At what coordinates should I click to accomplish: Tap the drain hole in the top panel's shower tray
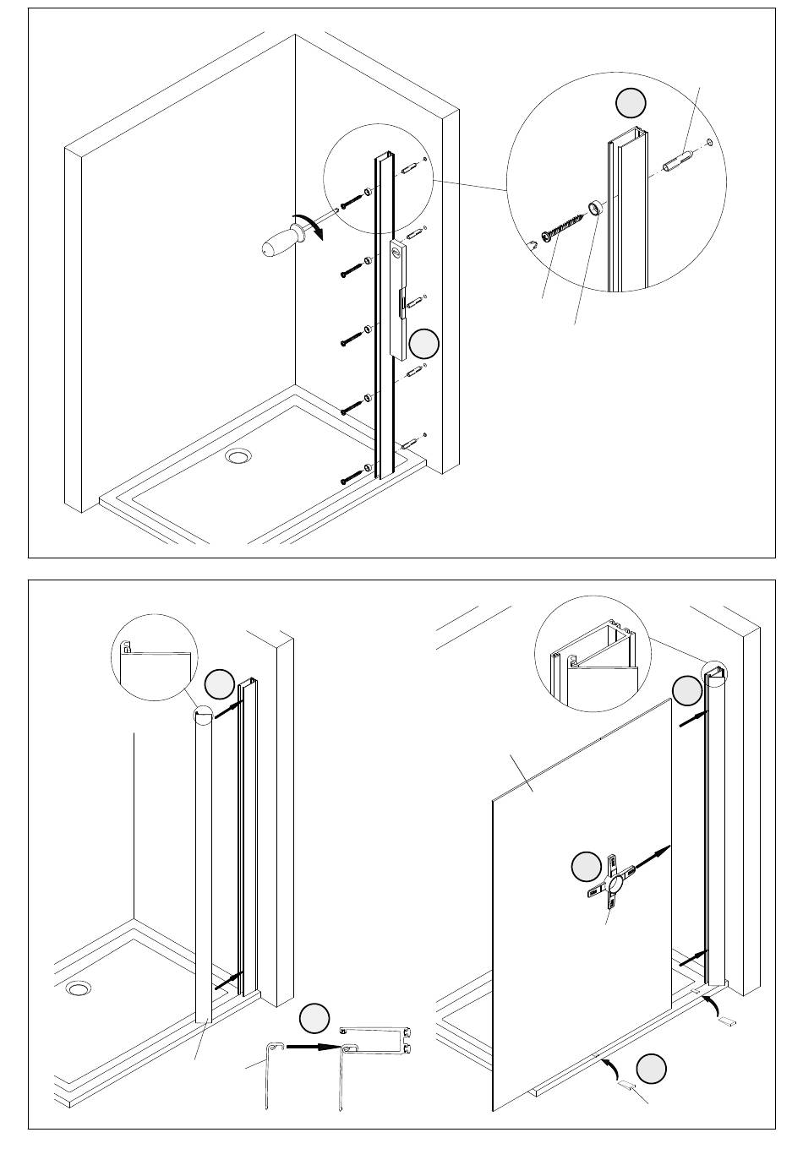coord(238,457)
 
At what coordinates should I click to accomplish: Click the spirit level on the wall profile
coord(399,298)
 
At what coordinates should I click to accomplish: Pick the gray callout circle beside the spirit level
coord(424,345)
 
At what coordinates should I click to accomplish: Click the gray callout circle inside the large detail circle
coord(630,102)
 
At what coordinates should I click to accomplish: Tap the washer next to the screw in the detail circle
coord(597,206)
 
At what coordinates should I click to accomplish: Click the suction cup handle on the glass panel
coord(614,885)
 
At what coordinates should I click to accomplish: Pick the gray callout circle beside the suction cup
coord(586,866)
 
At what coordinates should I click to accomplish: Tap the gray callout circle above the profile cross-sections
coord(314,1018)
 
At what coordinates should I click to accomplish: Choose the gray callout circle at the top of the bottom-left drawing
coord(220,683)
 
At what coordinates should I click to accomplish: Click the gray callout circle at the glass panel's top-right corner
coord(686,691)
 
